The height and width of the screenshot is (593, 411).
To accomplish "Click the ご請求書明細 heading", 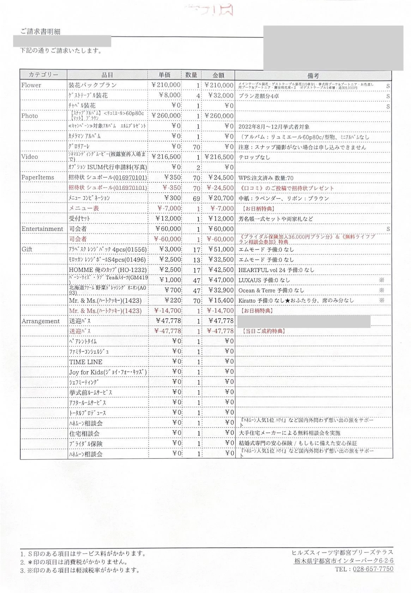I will click(x=40, y=31).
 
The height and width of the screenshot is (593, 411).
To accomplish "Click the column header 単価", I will click(x=164, y=75).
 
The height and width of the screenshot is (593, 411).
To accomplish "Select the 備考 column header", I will click(x=313, y=75).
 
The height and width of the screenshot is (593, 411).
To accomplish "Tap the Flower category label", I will click(x=31, y=85).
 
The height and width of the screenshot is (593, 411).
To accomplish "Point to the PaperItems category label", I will click(x=38, y=177).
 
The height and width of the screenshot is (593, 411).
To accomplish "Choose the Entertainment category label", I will click(x=42, y=229).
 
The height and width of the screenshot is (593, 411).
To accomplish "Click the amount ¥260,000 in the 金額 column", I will click(x=219, y=116).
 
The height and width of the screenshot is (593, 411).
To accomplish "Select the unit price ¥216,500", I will click(x=166, y=156).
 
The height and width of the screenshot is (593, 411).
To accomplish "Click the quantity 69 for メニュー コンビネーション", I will click(x=197, y=198).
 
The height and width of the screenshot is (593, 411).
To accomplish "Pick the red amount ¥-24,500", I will click(x=220, y=188).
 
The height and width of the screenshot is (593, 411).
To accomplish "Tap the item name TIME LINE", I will click(x=86, y=362).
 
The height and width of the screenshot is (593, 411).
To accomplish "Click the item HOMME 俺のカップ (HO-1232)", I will click(x=108, y=270).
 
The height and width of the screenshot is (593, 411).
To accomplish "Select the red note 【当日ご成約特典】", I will click(x=263, y=331).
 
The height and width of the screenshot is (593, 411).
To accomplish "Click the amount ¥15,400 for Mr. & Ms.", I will click(x=220, y=300).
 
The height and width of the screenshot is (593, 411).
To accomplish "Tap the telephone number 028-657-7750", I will click(x=372, y=569).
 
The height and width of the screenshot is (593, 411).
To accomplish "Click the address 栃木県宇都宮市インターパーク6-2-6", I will click(x=344, y=561).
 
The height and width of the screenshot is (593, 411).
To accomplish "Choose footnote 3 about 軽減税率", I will click(x=80, y=570).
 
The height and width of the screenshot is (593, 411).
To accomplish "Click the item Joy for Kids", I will click(x=108, y=372).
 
